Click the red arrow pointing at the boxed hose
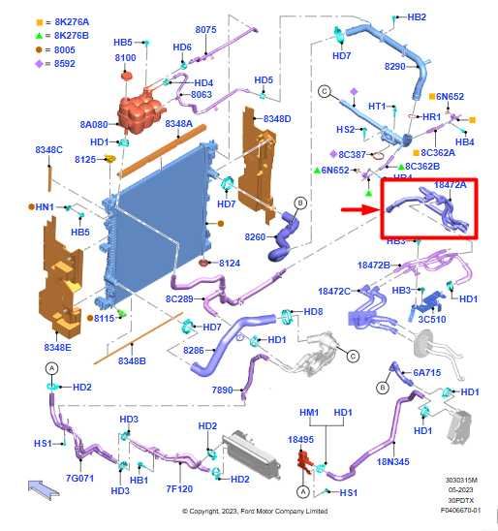pyautogui.click(x=360, y=209)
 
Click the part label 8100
pyautogui.click(x=125, y=58)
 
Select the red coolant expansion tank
pyautogui.click(x=140, y=111)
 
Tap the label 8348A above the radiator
pyautogui.click(x=178, y=124)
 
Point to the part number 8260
pyautogui.click(x=255, y=236)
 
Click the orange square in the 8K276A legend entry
pyautogui.click(x=40, y=22)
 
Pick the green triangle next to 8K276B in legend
pyautogui.click(x=40, y=36)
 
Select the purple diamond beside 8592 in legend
pyautogui.click(x=40, y=63)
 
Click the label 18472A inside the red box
pyautogui.click(x=451, y=184)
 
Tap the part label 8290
pyautogui.click(x=394, y=66)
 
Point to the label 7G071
pyautogui.click(x=79, y=478)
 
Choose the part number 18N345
pyautogui.click(x=393, y=461)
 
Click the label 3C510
pyautogui.click(x=432, y=320)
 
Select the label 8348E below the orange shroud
pyautogui.click(x=57, y=347)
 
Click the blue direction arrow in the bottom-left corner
pyautogui.click(x=43, y=488)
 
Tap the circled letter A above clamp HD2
pyautogui.click(x=51, y=368)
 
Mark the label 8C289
pyautogui.click(x=179, y=299)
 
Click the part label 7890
pyautogui.click(x=222, y=390)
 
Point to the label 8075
pyautogui.click(x=205, y=30)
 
